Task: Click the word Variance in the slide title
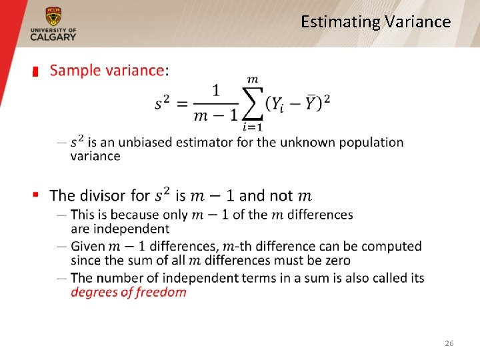pos(418,22)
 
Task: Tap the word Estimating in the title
pos(340,22)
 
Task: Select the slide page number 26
pos(449,343)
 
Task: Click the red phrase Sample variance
pos(107,70)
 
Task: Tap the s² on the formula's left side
pos(163,103)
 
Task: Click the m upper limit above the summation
pos(253,80)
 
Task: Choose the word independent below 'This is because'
pos(131,229)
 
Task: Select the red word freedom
pos(158,292)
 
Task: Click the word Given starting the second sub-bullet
pos(87,247)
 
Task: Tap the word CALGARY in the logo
pos(53,37)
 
